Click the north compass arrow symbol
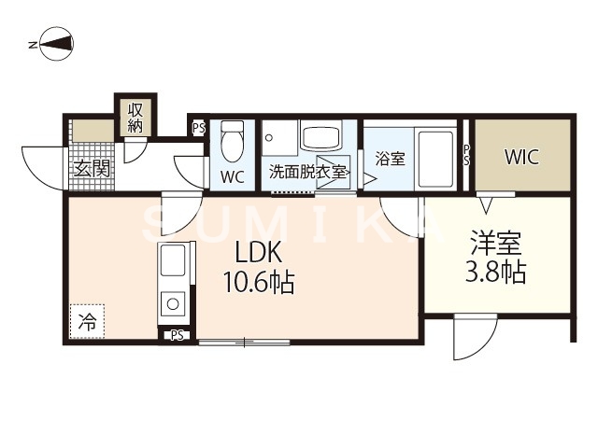point(51,44)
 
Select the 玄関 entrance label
point(92,168)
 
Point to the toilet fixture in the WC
point(233,143)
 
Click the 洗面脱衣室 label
point(307,172)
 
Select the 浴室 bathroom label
point(390,158)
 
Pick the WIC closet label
point(521,157)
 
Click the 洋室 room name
point(496,245)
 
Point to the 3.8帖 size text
point(496,273)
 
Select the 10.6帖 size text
point(257,282)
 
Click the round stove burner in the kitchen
point(173,301)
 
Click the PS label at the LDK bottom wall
point(177,336)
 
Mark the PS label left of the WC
point(197,129)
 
